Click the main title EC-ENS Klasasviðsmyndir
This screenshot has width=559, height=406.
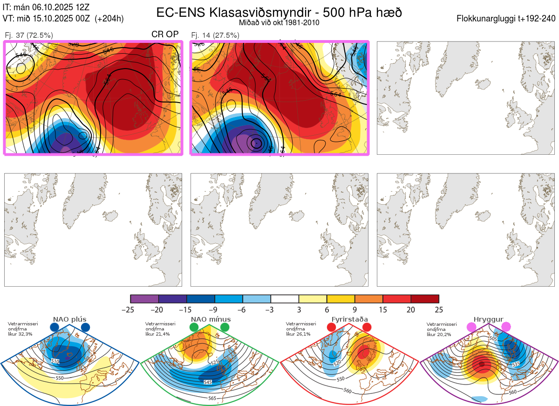(x=279, y=13)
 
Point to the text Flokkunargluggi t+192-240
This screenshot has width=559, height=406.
(x=506, y=19)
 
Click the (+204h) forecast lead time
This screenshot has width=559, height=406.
(x=109, y=19)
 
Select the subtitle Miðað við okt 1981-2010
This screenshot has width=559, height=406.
(x=279, y=23)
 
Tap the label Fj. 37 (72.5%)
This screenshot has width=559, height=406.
(x=29, y=35)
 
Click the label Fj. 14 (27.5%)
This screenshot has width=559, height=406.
(x=215, y=35)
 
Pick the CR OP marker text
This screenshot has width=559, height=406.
(x=165, y=34)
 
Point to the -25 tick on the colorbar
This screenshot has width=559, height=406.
(x=131, y=310)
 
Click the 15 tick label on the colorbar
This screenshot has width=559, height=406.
(x=383, y=310)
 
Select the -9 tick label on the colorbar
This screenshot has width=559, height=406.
(x=215, y=310)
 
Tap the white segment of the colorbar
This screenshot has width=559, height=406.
(x=285, y=299)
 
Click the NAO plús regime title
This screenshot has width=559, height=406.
(x=70, y=319)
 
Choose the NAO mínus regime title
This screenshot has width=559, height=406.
(x=211, y=319)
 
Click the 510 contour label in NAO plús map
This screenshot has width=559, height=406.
(x=55, y=361)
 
